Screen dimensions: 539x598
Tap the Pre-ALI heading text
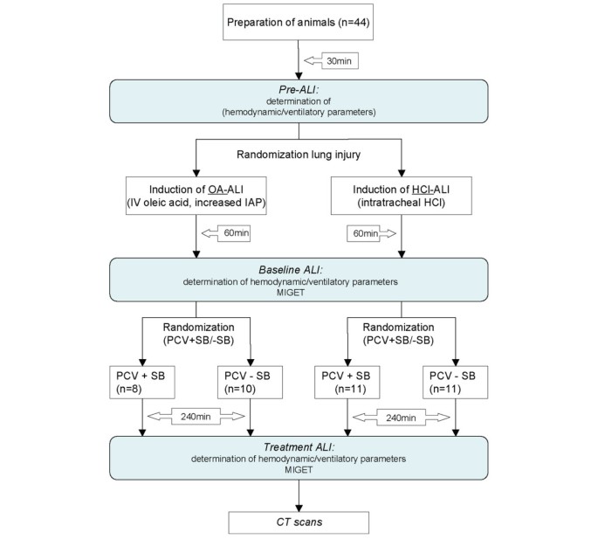300,92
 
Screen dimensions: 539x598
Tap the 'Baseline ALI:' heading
300,267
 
